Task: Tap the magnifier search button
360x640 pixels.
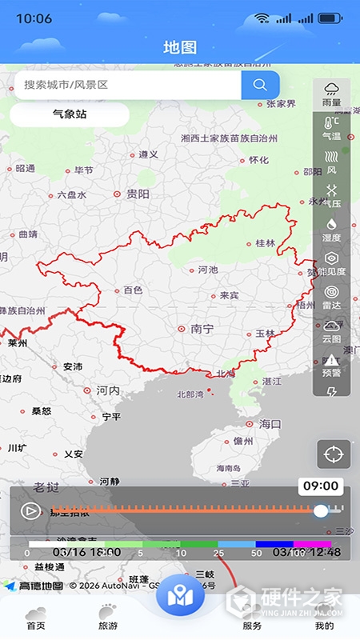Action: [x=260, y=85]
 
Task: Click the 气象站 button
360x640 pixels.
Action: [x=70, y=114]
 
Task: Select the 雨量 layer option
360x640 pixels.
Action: [x=331, y=94]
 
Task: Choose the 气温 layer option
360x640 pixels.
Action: [x=331, y=129]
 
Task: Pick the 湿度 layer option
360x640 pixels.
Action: [x=331, y=230]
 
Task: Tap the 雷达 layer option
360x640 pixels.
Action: [x=331, y=298]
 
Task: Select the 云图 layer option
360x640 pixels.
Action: [x=331, y=331]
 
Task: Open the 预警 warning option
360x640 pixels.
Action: [x=331, y=365]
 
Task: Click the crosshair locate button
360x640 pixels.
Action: [x=333, y=454]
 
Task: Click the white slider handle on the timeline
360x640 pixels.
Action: [x=321, y=510]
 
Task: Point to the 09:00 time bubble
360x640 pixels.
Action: [x=321, y=486]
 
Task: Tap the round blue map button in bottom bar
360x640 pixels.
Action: [x=180, y=596]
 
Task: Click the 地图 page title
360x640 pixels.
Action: [x=180, y=47]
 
